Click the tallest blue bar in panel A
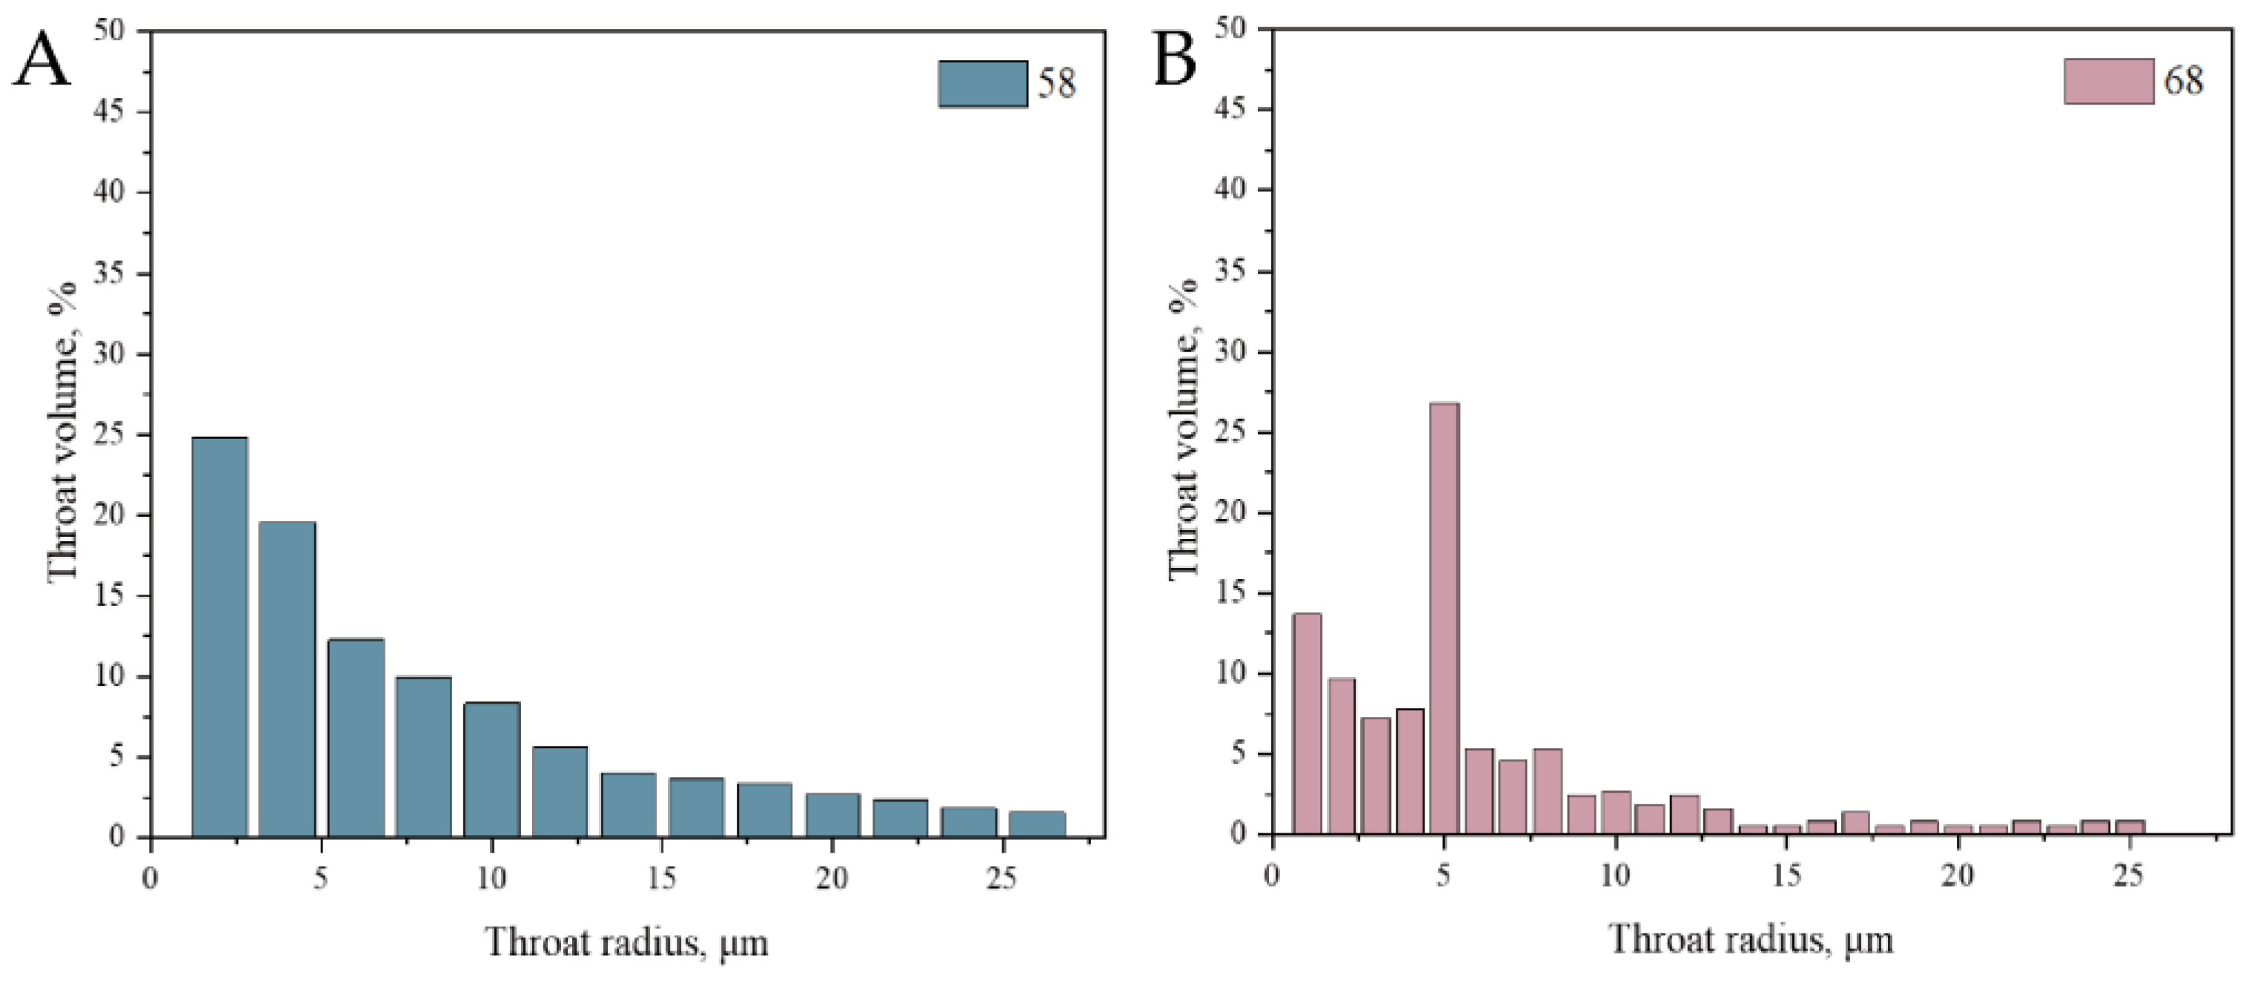pyautogui.click(x=219, y=636)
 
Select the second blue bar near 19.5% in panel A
pyautogui.click(x=287, y=678)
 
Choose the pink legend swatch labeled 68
pyautogui.click(x=2108, y=82)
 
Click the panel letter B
pyautogui.click(x=1174, y=59)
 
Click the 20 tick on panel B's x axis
pyautogui.click(x=1956, y=876)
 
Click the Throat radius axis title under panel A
pyautogui.click(x=626, y=942)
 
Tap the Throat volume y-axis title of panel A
pyautogui.click(x=63, y=432)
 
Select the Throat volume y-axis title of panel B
pyautogui.click(x=1184, y=429)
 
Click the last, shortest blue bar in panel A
pyautogui.click(x=1037, y=824)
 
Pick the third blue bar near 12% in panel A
pyautogui.click(x=355, y=737)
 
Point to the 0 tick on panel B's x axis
pyautogui.click(x=1272, y=876)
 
